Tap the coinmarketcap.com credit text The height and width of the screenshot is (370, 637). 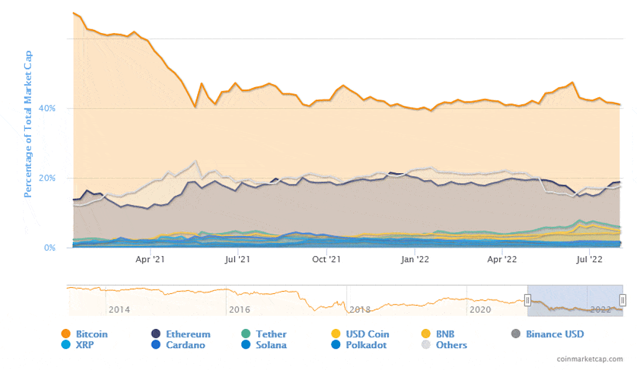click(x=590, y=359)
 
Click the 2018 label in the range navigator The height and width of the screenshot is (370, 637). click(x=360, y=310)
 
